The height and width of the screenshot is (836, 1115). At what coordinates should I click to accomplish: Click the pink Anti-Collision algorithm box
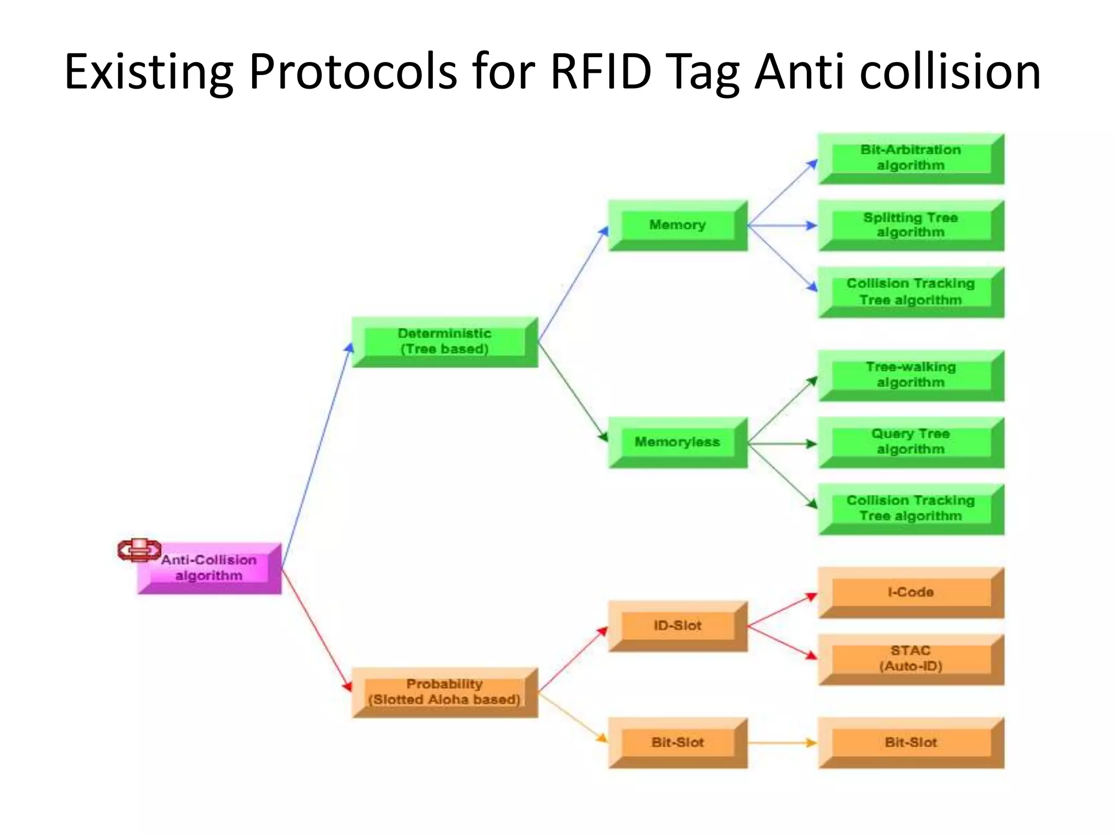(210, 568)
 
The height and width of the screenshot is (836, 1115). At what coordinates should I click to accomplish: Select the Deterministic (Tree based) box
(445, 342)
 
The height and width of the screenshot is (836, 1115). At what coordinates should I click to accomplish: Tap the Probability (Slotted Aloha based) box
(445, 692)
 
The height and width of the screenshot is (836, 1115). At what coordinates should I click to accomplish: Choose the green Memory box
(677, 225)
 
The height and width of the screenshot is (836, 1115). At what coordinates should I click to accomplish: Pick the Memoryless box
(677, 442)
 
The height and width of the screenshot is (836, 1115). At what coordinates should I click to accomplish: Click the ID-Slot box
(677, 626)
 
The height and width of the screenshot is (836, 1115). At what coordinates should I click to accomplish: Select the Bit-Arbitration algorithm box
(911, 158)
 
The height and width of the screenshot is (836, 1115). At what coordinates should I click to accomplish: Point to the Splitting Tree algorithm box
(911, 225)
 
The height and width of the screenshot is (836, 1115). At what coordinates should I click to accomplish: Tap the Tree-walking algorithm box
(911, 376)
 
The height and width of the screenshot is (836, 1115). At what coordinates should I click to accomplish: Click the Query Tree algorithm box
(911, 442)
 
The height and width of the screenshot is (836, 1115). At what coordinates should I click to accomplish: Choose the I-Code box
(911, 592)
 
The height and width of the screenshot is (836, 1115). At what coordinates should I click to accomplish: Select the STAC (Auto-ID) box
(911, 659)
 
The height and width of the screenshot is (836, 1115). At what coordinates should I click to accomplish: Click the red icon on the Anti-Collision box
(139, 550)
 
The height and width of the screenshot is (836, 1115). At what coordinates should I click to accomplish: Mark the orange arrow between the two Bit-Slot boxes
(782, 743)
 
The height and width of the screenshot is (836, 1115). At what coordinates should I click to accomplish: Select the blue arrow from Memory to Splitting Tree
(782, 225)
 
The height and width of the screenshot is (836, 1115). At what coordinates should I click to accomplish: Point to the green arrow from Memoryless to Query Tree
(782, 444)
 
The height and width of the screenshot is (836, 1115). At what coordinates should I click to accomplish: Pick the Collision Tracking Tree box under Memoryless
(911, 509)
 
